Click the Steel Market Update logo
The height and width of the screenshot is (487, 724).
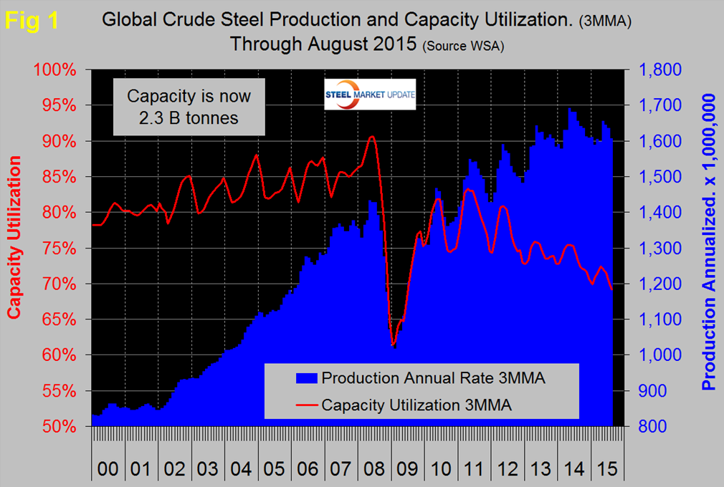[x=370, y=97]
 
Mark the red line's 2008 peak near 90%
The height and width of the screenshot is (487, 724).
[x=371, y=136]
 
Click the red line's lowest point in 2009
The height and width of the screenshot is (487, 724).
[x=393, y=344]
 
